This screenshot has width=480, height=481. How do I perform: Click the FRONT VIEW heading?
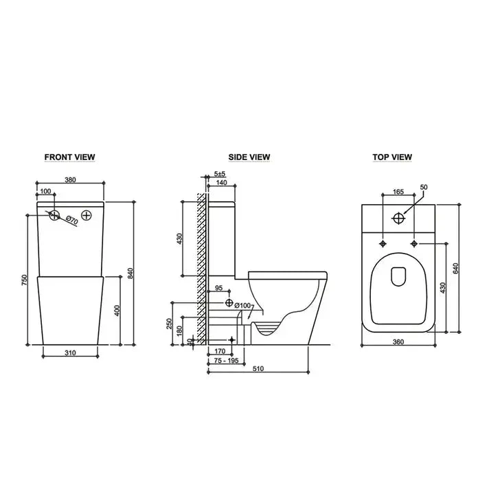tap(69, 157)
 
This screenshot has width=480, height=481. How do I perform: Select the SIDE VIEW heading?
tap(249, 157)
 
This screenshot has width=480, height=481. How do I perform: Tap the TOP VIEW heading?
tap(392, 157)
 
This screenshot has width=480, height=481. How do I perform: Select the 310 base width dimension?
tap(69, 353)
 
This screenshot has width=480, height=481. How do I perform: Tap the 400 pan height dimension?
tap(117, 310)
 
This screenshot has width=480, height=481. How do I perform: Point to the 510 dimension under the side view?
tap(257, 368)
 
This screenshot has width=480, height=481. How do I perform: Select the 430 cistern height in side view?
tap(180, 239)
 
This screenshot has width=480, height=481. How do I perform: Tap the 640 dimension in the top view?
tap(455, 268)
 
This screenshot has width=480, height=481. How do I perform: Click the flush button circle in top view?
tap(398, 219)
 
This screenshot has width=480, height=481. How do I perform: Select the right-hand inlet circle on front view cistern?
tap(87, 215)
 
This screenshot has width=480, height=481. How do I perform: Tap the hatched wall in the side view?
tap(201, 268)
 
